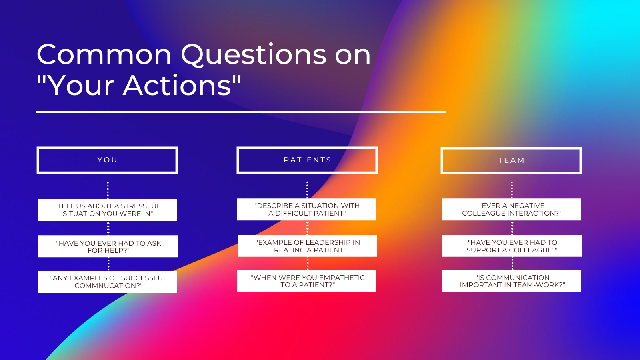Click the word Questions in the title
pyautogui.click(x=254, y=54)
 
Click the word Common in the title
pyautogui.click(x=104, y=54)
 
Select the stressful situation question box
pyautogui.click(x=107, y=210)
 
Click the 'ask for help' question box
pyautogui.click(x=108, y=246)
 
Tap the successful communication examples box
pyautogui.click(x=107, y=282)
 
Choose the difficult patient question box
pyautogui.click(x=306, y=210)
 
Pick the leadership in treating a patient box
pyautogui.click(x=307, y=246)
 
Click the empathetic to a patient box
pyautogui.click(x=306, y=281)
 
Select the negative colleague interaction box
pyautogui.click(x=511, y=210)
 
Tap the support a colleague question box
pyautogui.click(x=512, y=246)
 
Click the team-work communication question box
pyautogui.click(x=511, y=281)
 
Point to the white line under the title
pyautogui.click(x=241, y=112)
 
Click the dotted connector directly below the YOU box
pyautogui.click(x=108, y=190)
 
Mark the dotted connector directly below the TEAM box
pyautogui.click(x=512, y=190)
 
